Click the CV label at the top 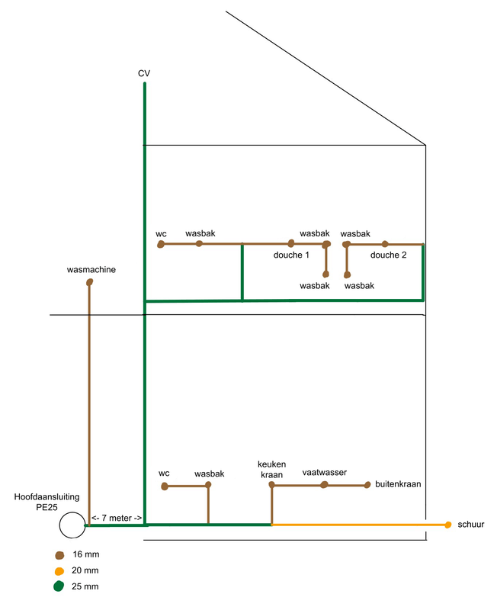click(x=143, y=73)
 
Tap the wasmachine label click(x=91, y=269)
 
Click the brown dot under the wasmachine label click(x=90, y=283)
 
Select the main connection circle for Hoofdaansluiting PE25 click(x=72, y=525)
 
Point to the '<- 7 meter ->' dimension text click(x=117, y=518)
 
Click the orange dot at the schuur click(x=448, y=525)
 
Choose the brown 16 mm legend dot click(x=59, y=555)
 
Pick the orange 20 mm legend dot click(x=59, y=571)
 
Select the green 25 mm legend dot click(x=59, y=587)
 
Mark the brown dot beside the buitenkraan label click(x=367, y=484)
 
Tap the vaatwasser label click(x=324, y=472)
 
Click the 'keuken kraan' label click(x=271, y=469)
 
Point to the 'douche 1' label click(x=291, y=255)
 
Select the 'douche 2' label click(x=389, y=255)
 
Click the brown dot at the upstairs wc click(x=161, y=244)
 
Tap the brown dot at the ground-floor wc click(x=164, y=486)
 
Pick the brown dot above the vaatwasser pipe click(x=324, y=484)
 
